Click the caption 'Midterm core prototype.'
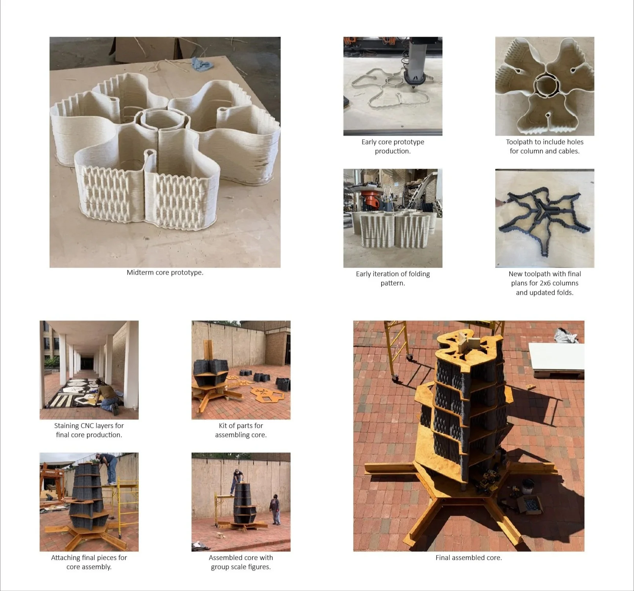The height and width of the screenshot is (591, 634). [165, 272]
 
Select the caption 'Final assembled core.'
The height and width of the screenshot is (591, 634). [469, 558]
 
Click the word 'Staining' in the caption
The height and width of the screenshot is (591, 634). [66, 426]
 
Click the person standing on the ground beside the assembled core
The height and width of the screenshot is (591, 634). [275, 509]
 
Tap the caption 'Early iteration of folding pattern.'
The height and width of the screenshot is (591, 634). [393, 278]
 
